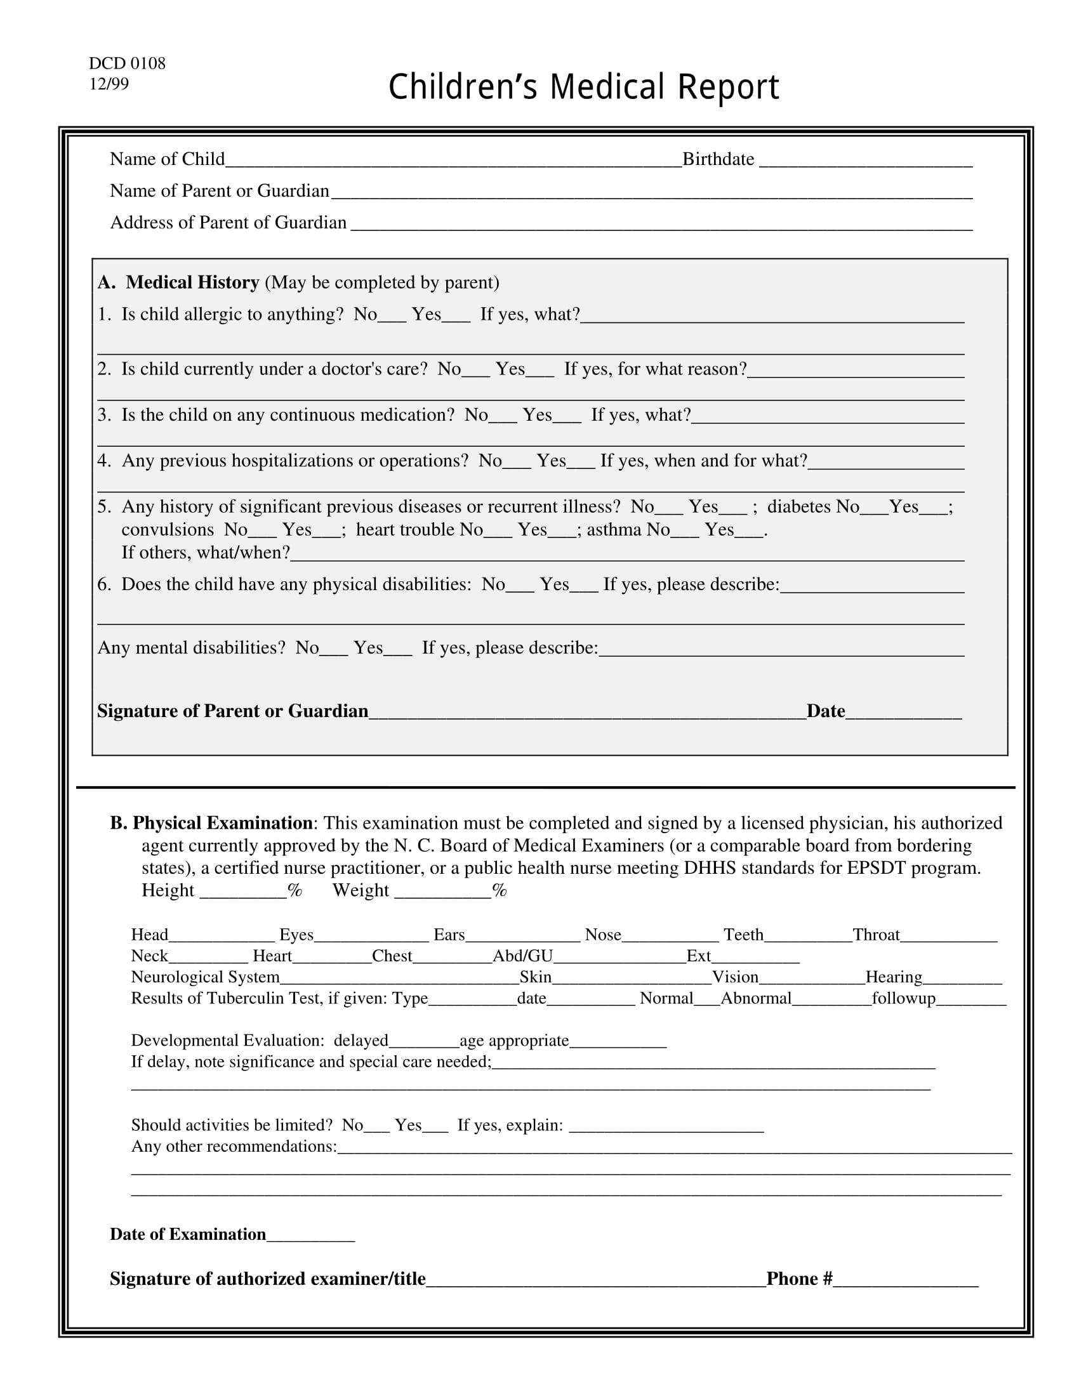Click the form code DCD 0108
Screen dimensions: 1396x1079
pyautogui.click(x=126, y=63)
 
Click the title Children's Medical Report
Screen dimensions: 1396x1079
pyautogui.click(x=583, y=87)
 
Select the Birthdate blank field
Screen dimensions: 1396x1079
pyautogui.click(x=866, y=160)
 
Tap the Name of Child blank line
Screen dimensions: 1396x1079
pyautogui.click(x=453, y=160)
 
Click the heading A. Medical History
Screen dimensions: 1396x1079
pyautogui.click(x=178, y=282)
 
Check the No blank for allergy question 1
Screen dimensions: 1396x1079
pyautogui.click(x=391, y=316)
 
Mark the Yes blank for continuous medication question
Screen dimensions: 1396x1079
pyautogui.click(x=567, y=417)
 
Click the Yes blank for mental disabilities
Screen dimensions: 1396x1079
pyautogui.click(x=397, y=649)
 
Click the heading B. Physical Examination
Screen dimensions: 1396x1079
pyautogui.click(x=211, y=822)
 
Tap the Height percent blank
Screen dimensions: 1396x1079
pyautogui.click(x=243, y=892)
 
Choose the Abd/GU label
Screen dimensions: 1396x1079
pyautogui.click(x=522, y=956)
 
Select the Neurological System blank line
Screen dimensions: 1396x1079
pyautogui.click(x=399, y=978)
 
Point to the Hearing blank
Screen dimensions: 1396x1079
pyautogui.click(x=962, y=978)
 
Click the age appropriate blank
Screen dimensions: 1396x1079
pyautogui.click(x=618, y=1042)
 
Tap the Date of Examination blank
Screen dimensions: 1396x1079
pyautogui.click(x=310, y=1235)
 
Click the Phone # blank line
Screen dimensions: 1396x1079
pyautogui.click(x=905, y=1281)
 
